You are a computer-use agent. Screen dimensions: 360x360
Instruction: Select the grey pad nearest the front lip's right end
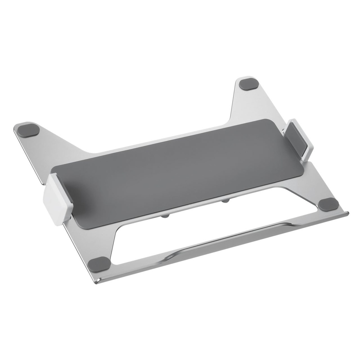tap(328, 204)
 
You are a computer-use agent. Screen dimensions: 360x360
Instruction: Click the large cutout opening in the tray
tap(211, 225)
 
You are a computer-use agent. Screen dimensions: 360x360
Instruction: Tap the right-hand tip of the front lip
tap(346, 213)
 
